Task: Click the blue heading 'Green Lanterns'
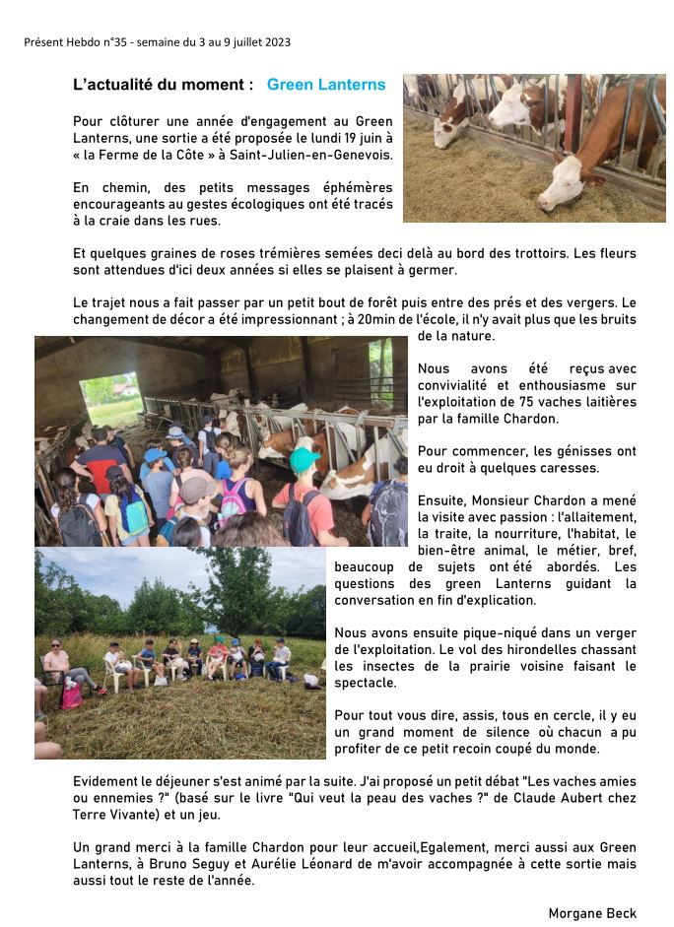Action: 326,86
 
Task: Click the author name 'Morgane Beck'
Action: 592,913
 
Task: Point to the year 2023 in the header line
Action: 276,42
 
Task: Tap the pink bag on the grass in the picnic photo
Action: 72,695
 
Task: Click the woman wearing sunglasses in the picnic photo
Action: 57,662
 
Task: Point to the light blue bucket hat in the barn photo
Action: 154,456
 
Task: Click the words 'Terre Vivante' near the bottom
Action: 110,815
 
